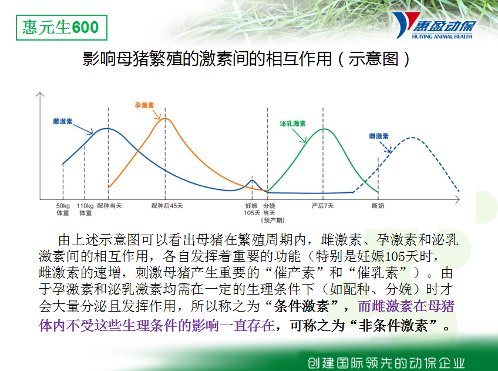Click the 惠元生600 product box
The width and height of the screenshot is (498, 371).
pos(62,28)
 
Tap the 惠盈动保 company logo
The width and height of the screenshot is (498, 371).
pos(433,25)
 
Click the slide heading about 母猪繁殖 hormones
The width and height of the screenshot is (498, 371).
pos(247,59)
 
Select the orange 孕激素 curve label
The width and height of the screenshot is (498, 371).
pos(144,105)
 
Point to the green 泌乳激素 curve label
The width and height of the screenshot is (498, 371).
pos(292,123)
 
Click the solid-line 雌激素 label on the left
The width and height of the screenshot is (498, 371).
pos(63,122)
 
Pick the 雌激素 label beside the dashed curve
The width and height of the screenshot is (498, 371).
pos(379,136)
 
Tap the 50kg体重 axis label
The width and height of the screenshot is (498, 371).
pos(63,209)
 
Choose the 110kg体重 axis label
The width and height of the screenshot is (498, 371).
pos(85,209)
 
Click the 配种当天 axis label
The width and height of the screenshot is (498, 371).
pos(110,206)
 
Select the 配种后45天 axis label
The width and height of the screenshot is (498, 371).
pos(167,206)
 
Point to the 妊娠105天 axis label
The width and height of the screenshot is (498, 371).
pos(252,209)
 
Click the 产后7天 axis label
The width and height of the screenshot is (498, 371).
pos(322,206)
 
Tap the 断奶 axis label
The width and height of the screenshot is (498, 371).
pos(378,206)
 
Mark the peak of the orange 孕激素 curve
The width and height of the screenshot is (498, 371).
pos(165,119)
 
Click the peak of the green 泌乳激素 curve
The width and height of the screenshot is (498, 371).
pos(324,129)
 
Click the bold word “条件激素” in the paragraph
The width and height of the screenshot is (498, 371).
pos(301,306)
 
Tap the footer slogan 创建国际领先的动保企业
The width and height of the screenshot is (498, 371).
pos(386,363)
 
